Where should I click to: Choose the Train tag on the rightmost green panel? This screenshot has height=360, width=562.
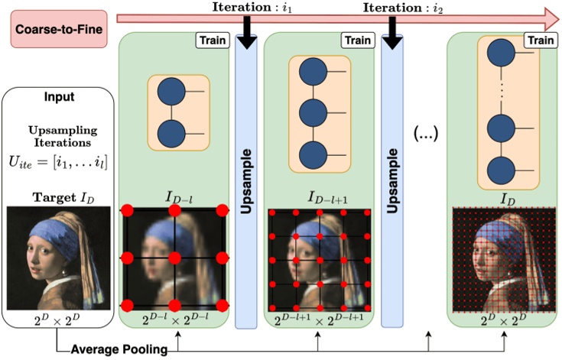(540, 39)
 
